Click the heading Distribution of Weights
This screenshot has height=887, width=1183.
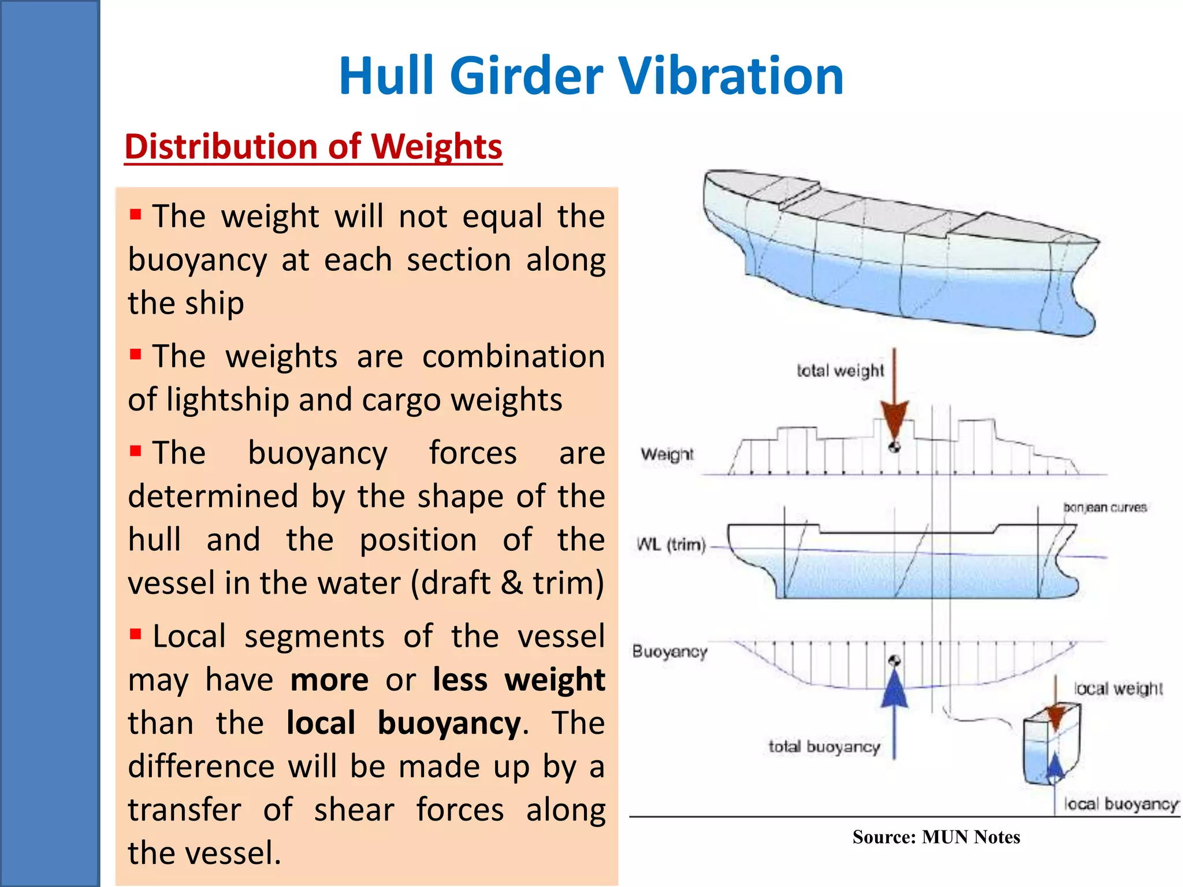click(x=313, y=146)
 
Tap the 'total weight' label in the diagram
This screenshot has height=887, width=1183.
click(x=840, y=370)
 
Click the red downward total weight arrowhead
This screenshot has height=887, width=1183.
click(x=894, y=419)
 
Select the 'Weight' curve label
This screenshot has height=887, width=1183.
click(x=667, y=454)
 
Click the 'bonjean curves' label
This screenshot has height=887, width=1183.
click(x=1104, y=507)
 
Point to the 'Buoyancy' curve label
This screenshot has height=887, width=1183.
click(x=669, y=651)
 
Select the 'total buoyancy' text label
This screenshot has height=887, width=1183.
click(x=824, y=747)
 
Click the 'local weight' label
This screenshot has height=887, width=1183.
click(x=1118, y=688)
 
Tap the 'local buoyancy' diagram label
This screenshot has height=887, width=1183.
click(x=1121, y=804)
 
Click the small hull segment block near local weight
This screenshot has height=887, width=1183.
click(x=1050, y=748)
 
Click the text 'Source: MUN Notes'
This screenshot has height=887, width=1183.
click(x=936, y=837)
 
